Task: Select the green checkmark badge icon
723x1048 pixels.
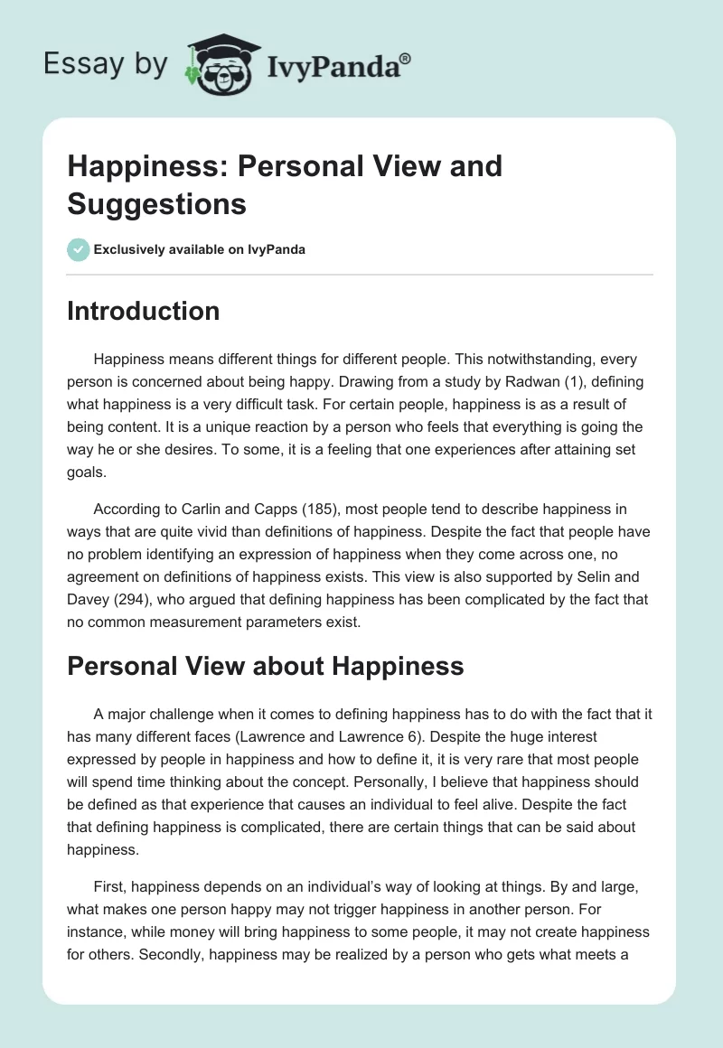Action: (78, 249)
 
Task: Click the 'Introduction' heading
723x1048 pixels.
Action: (143, 311)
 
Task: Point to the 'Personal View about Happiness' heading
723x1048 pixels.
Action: (265, 666)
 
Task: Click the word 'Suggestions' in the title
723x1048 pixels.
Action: (156, 203)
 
